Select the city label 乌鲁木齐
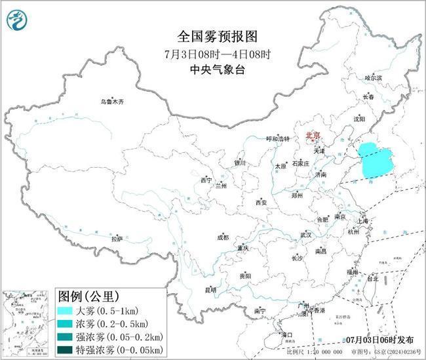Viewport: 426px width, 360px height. [111, 102]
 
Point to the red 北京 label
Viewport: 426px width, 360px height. [311, 136]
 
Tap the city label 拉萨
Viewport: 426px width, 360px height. [117, 239]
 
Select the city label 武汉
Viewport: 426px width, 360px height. [305, 234]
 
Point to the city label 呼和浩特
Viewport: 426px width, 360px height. [277, 138]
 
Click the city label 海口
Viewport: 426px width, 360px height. [287, 334]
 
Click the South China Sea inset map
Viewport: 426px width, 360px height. [26, 321]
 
